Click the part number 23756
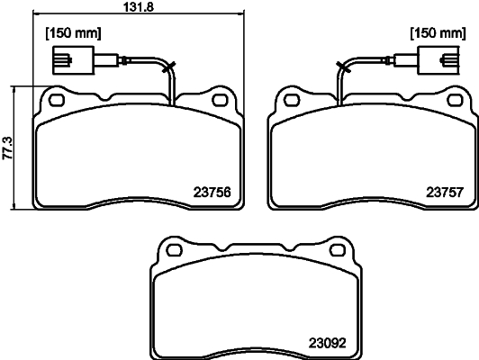[212, 191]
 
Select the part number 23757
[444, 191]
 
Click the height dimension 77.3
[7, 148]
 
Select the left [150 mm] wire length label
[73, 33]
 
